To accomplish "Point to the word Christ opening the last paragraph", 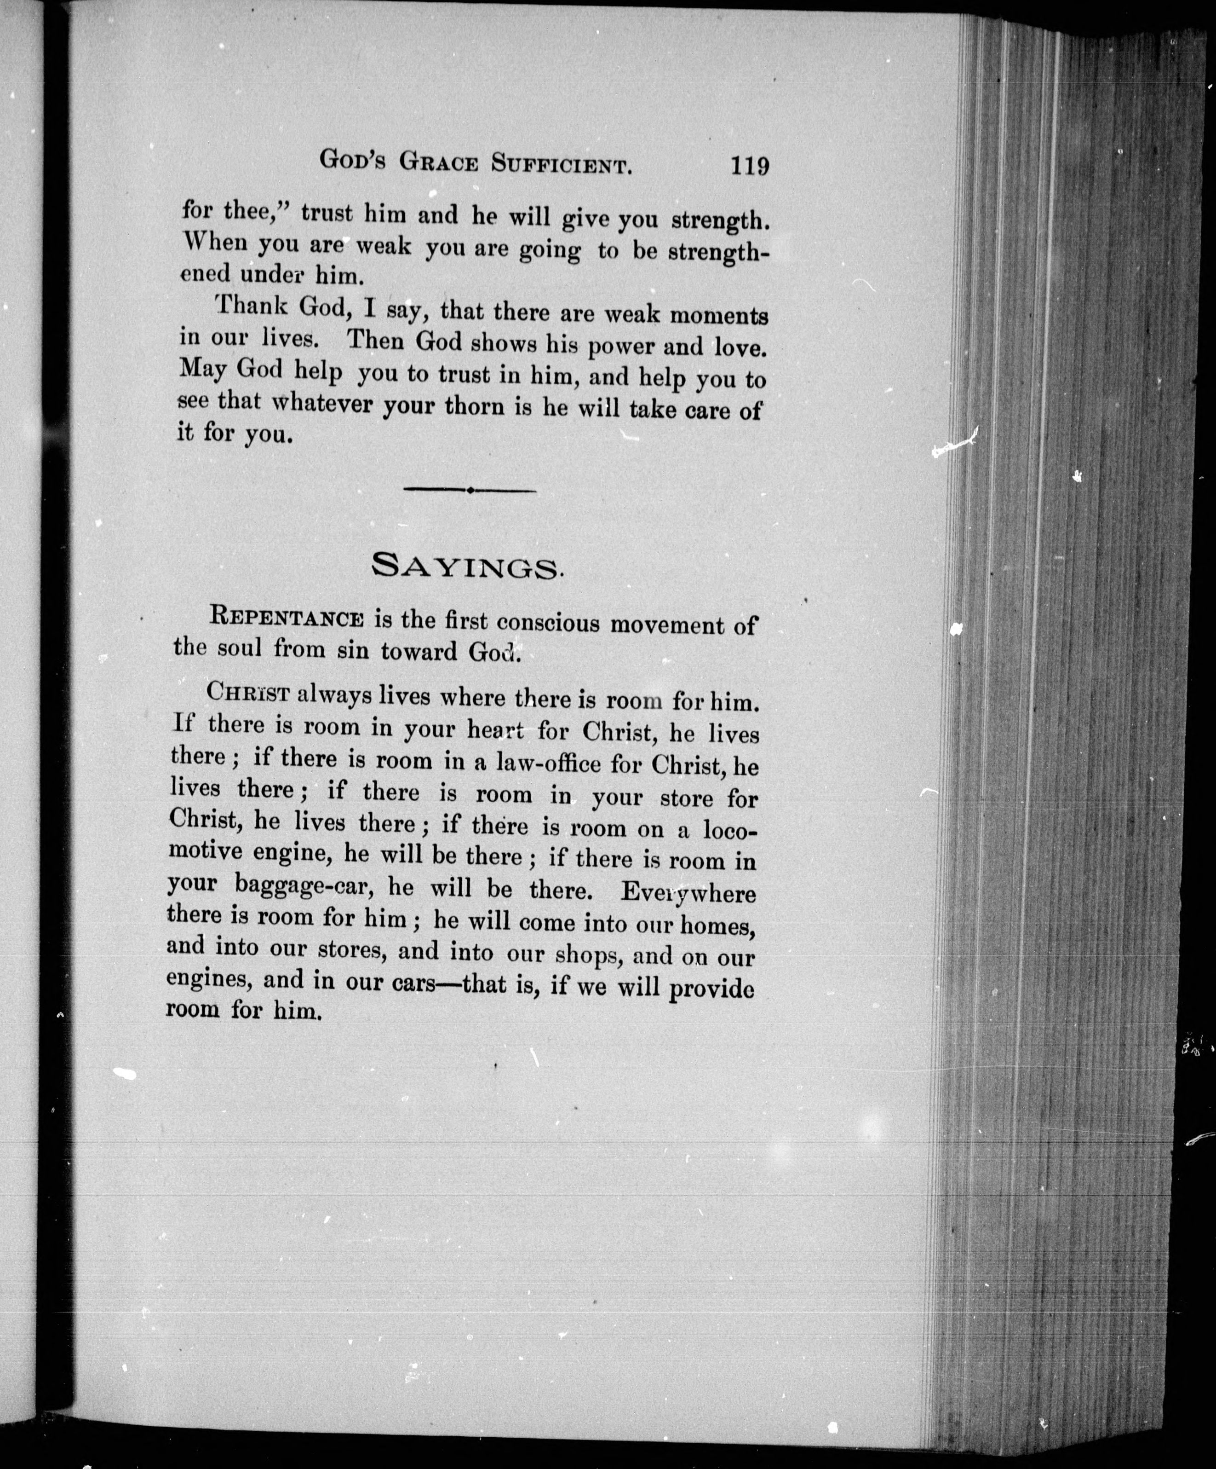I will click(248, 692).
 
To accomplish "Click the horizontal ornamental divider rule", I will click(470, 491).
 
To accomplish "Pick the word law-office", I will click(547, 762).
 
